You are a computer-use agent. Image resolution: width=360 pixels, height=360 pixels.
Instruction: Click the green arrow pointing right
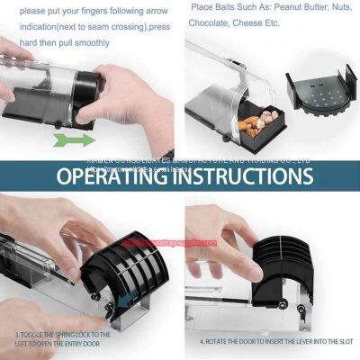point(73,139)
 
